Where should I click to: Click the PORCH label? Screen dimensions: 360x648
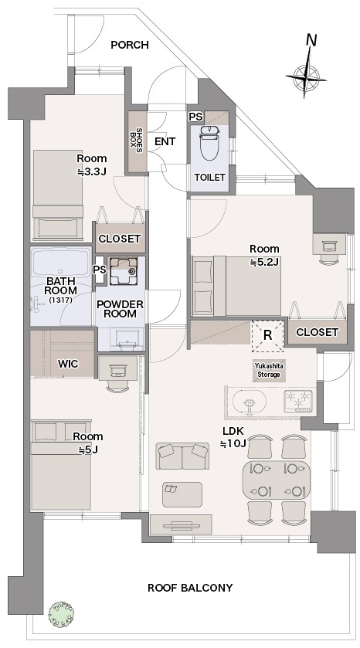pyautogui.click(x=129, y=45)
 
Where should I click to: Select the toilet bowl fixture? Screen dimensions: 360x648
pyautogui.click(x=209, y=142)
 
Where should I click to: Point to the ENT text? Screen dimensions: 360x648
pyautogui.click(x=165, y=141)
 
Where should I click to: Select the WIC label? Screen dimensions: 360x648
pyautogui.click(x=68, y=365)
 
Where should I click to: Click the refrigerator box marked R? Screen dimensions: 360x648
pyautogui.click(x=267, y=335)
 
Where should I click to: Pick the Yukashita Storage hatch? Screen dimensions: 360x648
pyautogui.click(x=269, y=370)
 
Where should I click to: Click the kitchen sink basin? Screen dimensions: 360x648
pyautogui.click(x=250, y=402)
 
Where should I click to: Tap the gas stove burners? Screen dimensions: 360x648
pyautogui.click(x=297, y=402)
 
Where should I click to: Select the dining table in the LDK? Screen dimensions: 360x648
pyautogui.click(x=276, y=480)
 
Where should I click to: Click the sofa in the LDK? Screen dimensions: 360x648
pyautogui.click(x=182, y=456)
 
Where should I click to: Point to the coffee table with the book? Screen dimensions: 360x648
pyautogui.click(x=182, y=494)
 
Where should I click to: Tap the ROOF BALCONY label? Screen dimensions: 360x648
pyautogui.click(x=190, y=588)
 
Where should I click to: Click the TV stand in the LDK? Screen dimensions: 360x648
pyautogui.click(x=181, y=525)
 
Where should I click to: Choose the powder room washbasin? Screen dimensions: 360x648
pyautogui.click(x=122, y=338)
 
